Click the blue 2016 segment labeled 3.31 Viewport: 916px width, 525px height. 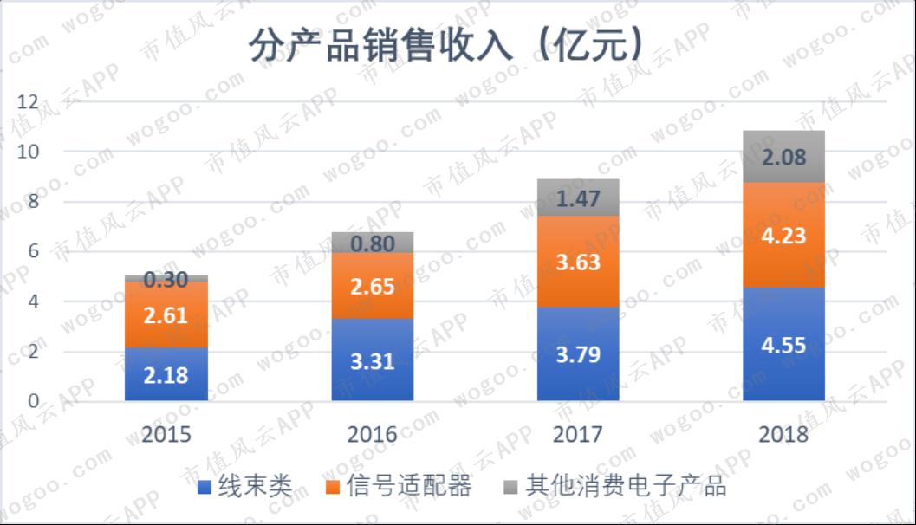point(373,360)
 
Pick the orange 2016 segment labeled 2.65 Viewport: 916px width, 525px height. point(373,286)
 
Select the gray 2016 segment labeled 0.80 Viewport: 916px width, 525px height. point(373,243)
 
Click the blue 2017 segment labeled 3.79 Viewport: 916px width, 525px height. point(578,353)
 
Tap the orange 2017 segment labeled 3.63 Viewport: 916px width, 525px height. point(578,262)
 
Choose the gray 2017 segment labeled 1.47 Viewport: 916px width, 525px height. point(578,198)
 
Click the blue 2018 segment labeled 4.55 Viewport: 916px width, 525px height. point(783,344)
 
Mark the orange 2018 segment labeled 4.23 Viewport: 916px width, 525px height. point(783,235)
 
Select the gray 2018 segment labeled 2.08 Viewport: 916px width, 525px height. point(783,157)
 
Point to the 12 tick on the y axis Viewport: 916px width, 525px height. point(28,102)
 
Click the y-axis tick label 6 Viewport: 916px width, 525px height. point(33,252)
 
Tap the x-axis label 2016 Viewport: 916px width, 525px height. point(373,434)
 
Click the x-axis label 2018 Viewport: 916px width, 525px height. point(783,434)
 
